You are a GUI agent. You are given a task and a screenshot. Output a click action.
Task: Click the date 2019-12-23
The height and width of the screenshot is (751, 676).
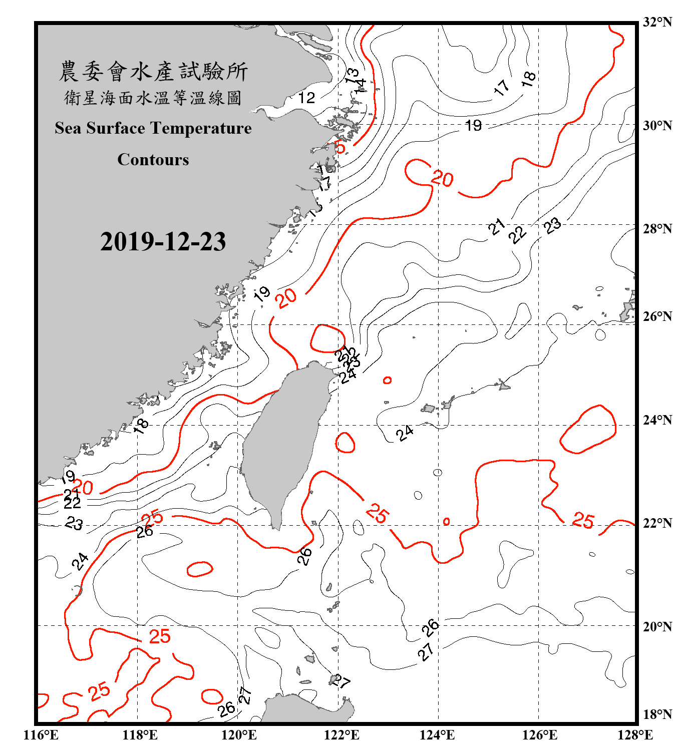[163, 242]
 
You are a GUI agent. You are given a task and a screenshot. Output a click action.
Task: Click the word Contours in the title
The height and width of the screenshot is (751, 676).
[153, 160]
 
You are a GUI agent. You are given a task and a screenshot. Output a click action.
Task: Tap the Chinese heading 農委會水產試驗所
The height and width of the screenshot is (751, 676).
[153, 72]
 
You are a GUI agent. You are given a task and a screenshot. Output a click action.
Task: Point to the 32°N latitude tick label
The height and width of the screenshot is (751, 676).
[657, 22]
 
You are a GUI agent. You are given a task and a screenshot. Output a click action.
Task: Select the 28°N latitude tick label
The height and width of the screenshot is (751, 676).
[657, 229]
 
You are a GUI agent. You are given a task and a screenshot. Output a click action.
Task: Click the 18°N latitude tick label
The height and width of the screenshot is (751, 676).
[657, 714]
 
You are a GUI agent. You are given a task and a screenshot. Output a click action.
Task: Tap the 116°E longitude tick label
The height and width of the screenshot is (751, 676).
[41, 735]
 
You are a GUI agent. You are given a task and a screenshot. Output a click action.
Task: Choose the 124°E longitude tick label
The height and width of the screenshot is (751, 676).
[437, 735]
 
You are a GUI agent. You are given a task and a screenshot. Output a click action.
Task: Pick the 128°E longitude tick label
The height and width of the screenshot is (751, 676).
[635, 735]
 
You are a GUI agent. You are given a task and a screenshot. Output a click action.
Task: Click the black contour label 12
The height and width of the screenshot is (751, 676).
[306, 98]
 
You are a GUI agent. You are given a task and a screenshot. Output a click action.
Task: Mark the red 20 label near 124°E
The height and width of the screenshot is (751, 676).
[442, 179]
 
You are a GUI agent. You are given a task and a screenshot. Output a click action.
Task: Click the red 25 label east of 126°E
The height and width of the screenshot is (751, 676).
[583, 521]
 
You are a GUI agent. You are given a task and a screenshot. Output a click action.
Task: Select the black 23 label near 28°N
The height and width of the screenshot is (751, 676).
[553, 226]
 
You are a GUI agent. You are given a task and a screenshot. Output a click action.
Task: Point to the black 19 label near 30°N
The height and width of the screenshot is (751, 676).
[473, 125]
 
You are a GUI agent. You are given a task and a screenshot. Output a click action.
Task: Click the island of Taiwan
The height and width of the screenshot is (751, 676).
[283, 441]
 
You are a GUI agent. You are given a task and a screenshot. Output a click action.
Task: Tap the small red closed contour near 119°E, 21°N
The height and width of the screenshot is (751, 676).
[199, 569]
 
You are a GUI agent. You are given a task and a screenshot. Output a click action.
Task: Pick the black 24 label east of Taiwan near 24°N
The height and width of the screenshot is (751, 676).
[405, 433]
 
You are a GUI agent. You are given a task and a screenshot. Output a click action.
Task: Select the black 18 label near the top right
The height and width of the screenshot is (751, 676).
[529, 78]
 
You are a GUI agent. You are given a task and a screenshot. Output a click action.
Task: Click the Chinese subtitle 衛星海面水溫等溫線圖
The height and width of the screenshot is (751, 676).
[153, 98]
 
